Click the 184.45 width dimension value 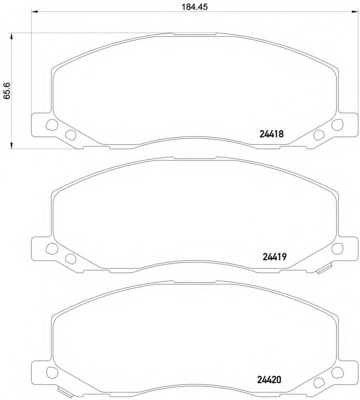click(193, 7)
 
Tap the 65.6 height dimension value click(7, 90)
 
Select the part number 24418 click(271, 134)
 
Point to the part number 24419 click(275, 257)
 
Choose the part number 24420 click(269, 379)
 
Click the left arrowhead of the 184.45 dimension click(34, 13)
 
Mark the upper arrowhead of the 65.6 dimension click(12, 36)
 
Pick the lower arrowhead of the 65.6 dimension click(12, 144)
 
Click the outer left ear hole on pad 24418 click(51, 125)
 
